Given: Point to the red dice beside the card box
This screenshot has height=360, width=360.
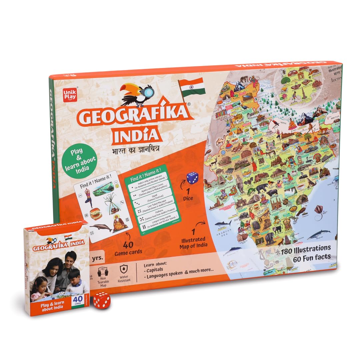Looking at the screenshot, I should click(101, 300).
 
